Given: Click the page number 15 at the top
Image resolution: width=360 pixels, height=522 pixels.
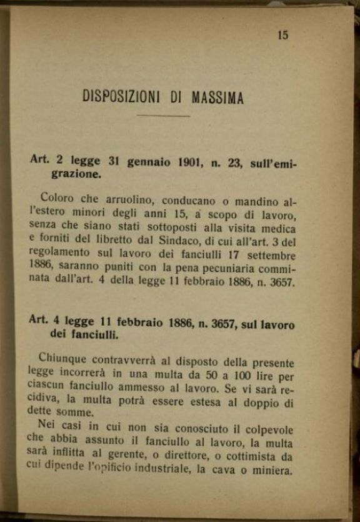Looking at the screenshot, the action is click(282, 35).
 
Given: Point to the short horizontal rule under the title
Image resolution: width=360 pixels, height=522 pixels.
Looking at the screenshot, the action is click(163, 116).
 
